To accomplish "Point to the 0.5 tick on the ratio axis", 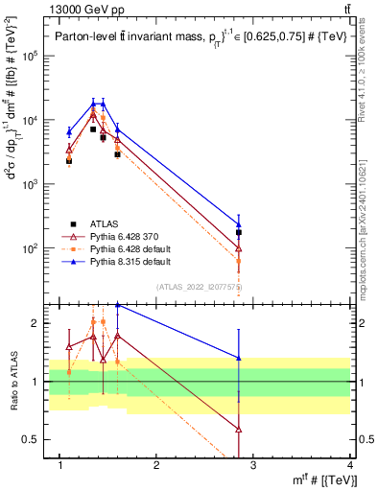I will pos(35,439).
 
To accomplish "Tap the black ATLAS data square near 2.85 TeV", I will pos(239,232).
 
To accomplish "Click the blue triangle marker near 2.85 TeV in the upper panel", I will pos(239,224).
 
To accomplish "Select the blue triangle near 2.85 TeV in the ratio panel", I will pos(239,358).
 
